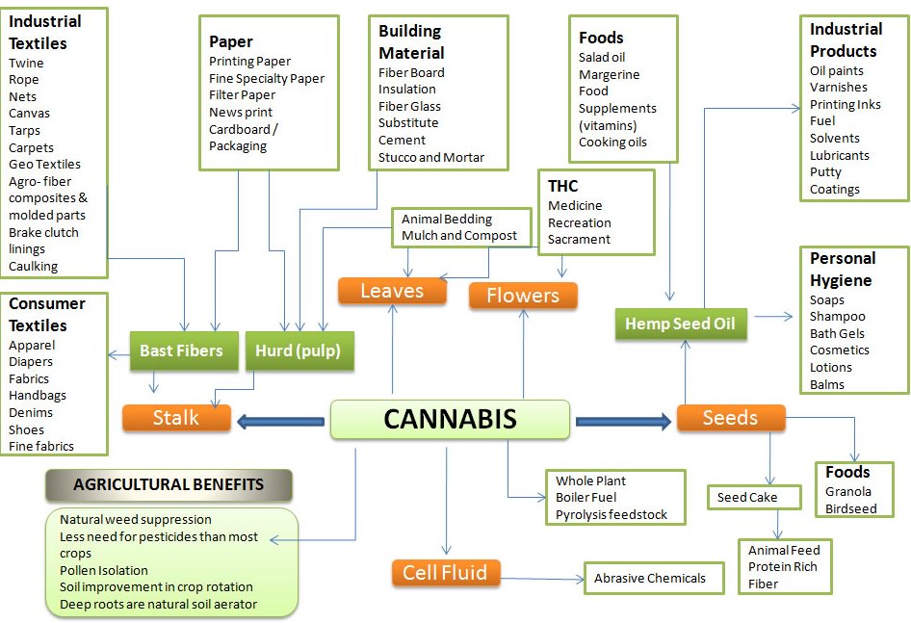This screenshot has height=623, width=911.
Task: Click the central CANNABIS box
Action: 450,420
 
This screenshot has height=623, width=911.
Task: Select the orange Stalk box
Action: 176,418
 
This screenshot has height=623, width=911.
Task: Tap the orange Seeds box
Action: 730,418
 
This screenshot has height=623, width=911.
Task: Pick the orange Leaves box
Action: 392,291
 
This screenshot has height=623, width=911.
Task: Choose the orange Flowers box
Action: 523,296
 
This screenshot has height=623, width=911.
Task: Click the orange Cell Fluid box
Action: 445,573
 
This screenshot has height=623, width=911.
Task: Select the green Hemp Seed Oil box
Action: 680,324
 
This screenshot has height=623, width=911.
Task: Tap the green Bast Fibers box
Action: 181,350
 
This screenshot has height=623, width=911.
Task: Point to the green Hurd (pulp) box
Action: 299,350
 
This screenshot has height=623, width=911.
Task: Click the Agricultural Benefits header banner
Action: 169,485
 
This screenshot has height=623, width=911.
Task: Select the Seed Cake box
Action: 746,498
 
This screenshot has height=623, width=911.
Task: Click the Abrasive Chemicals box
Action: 650,578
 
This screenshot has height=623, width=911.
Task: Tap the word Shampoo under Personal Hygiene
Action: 837,316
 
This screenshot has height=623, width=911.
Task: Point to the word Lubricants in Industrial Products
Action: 839,155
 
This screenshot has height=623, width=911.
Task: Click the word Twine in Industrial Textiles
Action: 26,63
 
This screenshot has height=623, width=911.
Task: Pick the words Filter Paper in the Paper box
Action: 242,95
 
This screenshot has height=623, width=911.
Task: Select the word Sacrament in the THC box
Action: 580,240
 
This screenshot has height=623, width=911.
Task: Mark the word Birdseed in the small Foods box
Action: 850,508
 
